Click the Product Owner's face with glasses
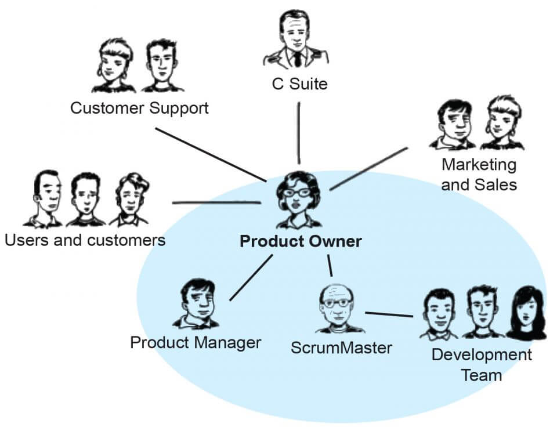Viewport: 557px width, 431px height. (297, 195)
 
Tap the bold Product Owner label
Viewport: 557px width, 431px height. (301, 241)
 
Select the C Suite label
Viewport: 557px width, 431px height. (299, 84)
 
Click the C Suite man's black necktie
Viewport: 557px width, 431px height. (297, 57)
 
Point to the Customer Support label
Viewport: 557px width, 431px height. (139, 108)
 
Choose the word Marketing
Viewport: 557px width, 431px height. (479, 165)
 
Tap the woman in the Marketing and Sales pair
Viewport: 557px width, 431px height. (502, 122)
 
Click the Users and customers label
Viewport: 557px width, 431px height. (85, 240)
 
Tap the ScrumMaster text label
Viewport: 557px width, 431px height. (341, 348)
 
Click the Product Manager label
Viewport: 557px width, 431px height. (196, 342)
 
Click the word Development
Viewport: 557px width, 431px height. (482, 355)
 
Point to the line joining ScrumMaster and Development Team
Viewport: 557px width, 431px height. (389, 315)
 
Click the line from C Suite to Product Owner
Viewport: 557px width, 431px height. (299, 133)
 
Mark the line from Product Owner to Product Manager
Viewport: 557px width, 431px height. (251, 277)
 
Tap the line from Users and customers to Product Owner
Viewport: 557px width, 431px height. (216, 202)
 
